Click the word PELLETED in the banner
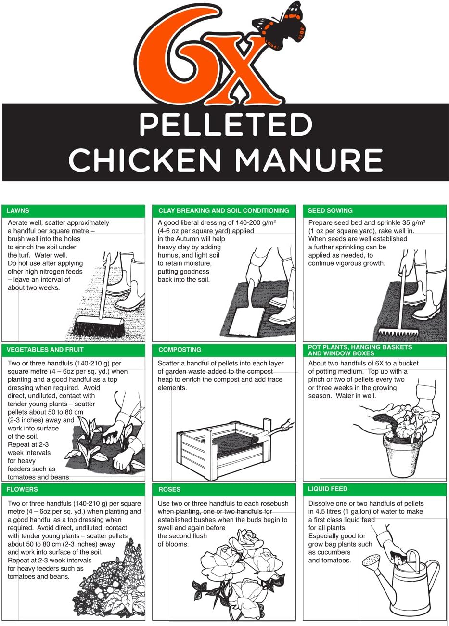click(x=225, y=125)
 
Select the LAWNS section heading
click(x=18, y=210)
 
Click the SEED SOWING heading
click(x=330, y=210)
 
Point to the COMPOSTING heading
click(x=180, y=350)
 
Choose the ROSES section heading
click(x=169, y=489)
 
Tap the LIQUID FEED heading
click(x=328, y=489)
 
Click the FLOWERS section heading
click(x=22, y=489)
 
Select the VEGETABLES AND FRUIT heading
click(x=45, y=350)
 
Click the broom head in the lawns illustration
click(x=97, y=327)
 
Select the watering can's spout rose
click(x=370, y=561)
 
